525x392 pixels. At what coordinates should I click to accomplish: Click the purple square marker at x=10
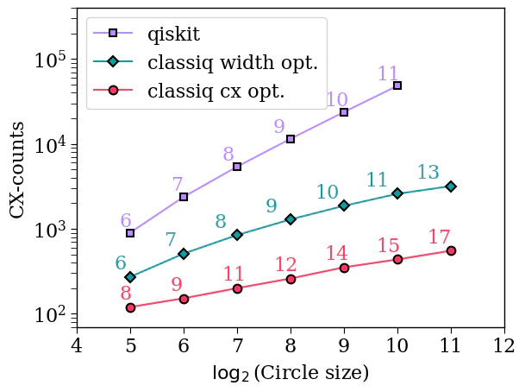[x=397, y=85]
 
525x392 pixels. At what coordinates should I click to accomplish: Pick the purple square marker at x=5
[x=130, y=233]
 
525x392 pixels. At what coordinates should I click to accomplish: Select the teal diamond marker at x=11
[x=451, y=187]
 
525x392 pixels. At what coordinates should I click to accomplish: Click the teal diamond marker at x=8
[x=291, y=219]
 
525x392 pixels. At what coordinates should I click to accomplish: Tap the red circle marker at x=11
[x=451, y=250]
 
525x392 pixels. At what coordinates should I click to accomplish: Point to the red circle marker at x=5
[x=130, y=307]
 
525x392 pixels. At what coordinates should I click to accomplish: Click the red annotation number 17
[x=440, y=237]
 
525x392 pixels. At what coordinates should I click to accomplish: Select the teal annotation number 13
[x=428, y=173]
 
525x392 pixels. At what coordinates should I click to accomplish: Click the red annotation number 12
[x=286, y=265]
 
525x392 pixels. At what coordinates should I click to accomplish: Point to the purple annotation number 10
[x=337, y=100]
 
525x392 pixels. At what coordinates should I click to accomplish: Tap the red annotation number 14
[x=337, y=254]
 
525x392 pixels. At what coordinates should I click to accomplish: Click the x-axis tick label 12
[x=504, y=347]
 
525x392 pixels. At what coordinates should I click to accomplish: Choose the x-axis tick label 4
[x=77, y=347]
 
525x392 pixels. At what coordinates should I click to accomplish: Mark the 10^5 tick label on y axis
[x=51, y=61]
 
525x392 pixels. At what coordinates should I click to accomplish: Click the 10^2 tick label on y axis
[x=51, y=316]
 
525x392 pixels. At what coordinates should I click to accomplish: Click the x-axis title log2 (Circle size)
[x=291, y=374]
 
